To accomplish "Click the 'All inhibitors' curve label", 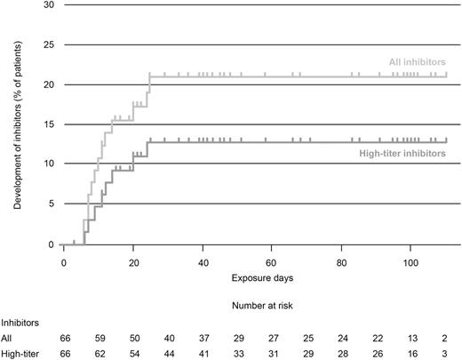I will coord(418,61).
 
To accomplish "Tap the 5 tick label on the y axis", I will coord(50,204).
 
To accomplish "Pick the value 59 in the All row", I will coord(99,339).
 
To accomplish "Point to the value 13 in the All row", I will coord(411,339).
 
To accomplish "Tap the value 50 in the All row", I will coord(133,339).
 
